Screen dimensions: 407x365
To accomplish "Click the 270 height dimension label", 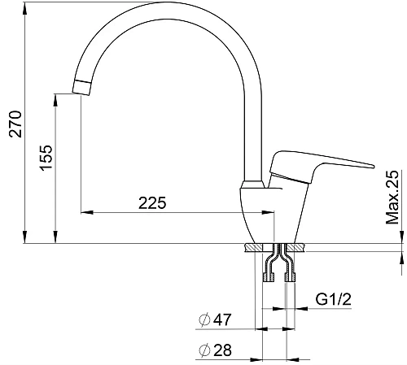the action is point(15,124).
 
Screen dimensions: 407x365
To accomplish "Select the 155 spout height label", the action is point(46,158).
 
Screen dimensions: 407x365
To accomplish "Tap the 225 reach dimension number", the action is point(152,203).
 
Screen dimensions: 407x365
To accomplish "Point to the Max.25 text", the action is point(392,198).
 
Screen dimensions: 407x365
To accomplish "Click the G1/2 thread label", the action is point(333,299).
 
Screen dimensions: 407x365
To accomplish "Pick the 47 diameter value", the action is point(222,319).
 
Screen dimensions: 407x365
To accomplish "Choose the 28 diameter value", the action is point(222,350).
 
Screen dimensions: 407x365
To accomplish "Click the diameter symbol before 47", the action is point(204,319).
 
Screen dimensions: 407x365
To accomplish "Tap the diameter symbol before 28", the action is point(204,350).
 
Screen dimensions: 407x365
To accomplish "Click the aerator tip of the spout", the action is point(81,87).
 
